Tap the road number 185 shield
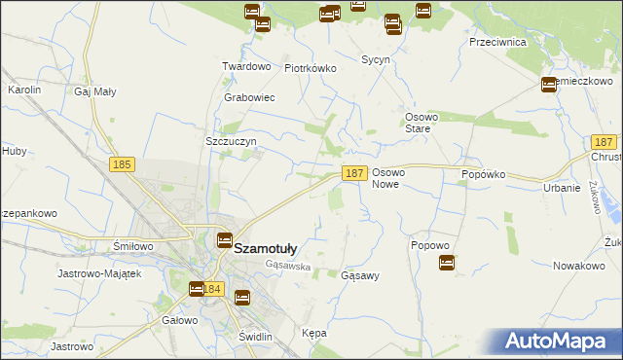coord(122,166)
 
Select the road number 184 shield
coord(214,289)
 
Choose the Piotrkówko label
coord(310,69)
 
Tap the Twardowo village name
coord(245,66)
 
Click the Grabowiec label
coord(250,98)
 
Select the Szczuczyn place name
coord(231,141)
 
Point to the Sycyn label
coord(376,60)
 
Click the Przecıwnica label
coord(496,43)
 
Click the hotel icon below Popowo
coord(447,262)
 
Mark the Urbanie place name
coord(563,188)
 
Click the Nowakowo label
coord(578,266)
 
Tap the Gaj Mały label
coord(95,91)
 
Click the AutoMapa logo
coord(562,342)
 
